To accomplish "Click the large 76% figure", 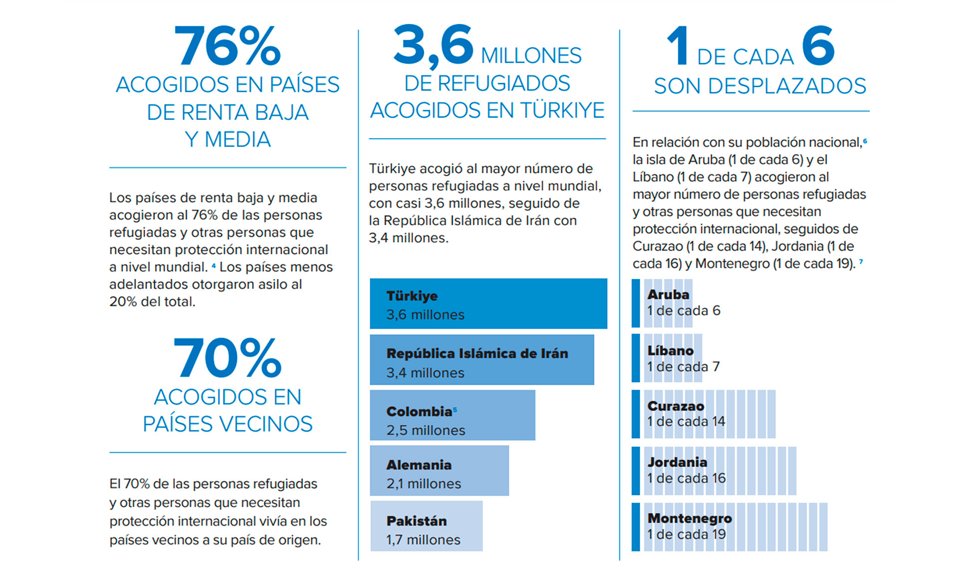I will click(228, 46).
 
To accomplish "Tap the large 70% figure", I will click(228, 358).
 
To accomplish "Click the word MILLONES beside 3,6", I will click(531, 55).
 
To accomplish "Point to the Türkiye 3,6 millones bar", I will click(488, 303).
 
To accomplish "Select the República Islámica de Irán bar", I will click(481, 359).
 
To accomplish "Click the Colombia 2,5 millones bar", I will click(452, 415).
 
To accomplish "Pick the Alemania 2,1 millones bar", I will click(439, 471).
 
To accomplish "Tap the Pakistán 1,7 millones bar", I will click(426, 526).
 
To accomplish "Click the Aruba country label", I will click(668, 294).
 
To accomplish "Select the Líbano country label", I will click(670, 350).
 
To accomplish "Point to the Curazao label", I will click(676, 406).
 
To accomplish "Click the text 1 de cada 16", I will click(686, 478).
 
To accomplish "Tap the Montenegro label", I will click(690, 518).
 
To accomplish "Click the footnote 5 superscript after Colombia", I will click(455, 409).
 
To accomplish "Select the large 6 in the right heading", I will click(818, 46).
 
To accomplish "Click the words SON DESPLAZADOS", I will click(760, 86).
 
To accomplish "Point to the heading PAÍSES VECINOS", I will click(228, 424).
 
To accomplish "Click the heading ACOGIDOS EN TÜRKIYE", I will click(487, 110).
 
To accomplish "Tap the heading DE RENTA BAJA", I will click(228, 112).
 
